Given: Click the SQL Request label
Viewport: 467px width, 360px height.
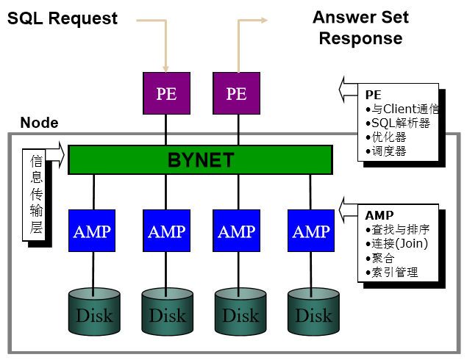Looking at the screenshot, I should [63, 19].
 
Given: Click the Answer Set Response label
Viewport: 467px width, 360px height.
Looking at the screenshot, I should [360, 28].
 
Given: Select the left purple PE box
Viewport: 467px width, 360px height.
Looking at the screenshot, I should [166, 93].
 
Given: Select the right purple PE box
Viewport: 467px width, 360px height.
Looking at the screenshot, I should [237, 93].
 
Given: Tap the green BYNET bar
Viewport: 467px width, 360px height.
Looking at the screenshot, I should [200, 159].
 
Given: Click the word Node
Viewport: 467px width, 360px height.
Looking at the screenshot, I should [39, 123].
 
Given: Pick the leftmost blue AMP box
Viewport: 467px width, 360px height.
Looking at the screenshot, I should [92, 231].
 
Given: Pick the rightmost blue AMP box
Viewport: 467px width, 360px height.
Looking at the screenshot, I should [311, 231].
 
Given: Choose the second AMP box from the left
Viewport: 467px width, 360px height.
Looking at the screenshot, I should [166, 231].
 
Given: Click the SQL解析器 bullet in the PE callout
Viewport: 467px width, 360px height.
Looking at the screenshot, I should [401, 123].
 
